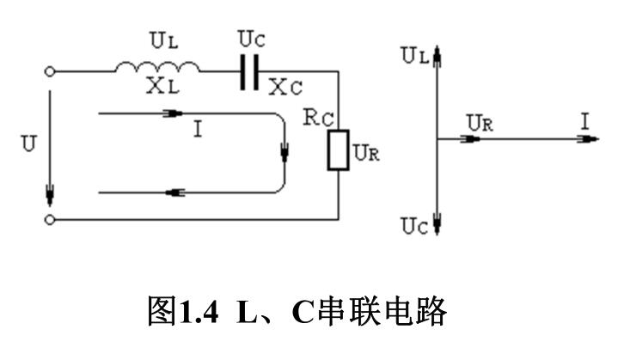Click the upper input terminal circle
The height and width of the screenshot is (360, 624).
(x=51, y=73)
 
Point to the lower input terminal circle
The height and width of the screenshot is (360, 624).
(x=51, y=220)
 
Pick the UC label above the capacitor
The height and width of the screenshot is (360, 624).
(x=250, y=39)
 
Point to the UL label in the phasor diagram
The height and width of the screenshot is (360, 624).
(x=413, y=56)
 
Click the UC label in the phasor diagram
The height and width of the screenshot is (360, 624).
(x=413, y=226)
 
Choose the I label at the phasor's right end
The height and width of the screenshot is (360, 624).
(x=585, y=122)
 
